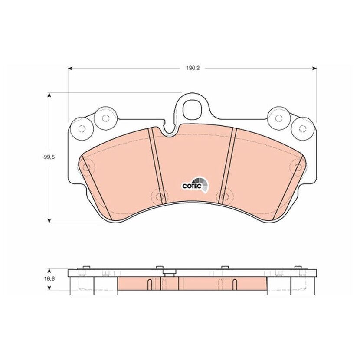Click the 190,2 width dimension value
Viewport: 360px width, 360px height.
tap(193, 68)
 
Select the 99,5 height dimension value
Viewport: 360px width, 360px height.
tap(49, 157)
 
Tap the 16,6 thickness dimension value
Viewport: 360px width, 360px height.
tap(49, 279)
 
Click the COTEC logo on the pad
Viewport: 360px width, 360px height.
tap(195, 185)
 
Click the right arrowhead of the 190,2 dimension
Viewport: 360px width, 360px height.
tap(314, 68)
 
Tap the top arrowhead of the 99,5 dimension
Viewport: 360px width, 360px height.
tap(49, 95)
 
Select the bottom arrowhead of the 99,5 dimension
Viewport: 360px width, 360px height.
tap(49, 220)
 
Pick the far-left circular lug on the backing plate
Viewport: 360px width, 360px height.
tap(82, 128)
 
